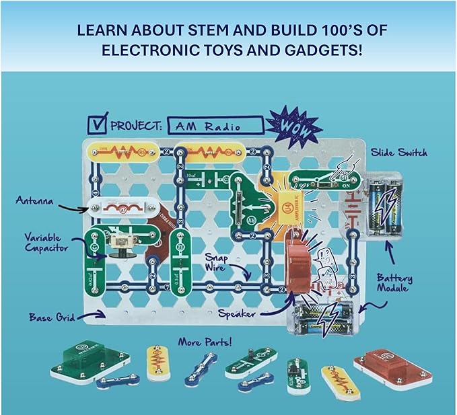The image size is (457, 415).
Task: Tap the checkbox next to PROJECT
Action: tap(98, 123)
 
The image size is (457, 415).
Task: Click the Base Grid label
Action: tap(51, 315)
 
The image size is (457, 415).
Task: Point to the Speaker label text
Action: tap(238, 313)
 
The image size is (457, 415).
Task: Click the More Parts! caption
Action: tap(205, 342)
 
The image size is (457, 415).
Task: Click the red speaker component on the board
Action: tap(299, 262)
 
